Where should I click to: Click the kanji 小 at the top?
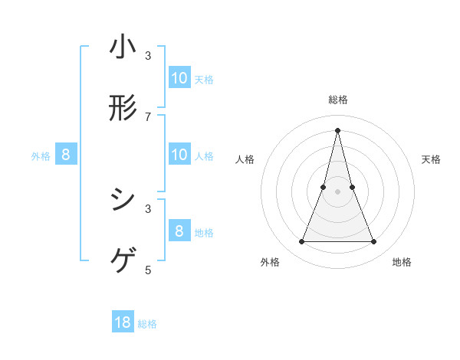(x=123, y=47)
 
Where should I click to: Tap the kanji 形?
(x=123, y=108)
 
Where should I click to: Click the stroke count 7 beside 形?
(x=148, y=116)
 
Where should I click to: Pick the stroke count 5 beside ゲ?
(x=148, y=270)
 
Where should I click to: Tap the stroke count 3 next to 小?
(x=148, y=56)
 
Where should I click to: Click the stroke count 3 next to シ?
(x=148, y=208)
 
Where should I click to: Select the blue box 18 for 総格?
(x=123, y=322)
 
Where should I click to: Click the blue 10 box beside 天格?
(x=179, y=77)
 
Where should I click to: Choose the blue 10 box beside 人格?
(x=179, y=155)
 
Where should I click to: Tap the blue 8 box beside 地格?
(x=179, y=231)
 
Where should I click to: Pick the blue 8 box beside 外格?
(x=66, y=155)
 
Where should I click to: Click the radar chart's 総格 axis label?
(x=338, y=100)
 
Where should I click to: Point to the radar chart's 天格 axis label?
(x=432, y=159)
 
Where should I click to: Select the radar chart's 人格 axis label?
(x=245, y=159)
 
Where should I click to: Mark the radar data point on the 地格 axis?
(x=374, y=242)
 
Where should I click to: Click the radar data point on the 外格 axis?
(x=302, y=242)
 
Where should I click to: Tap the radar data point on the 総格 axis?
(x=338, y=130)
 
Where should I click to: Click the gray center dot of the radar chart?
(x=338, y=191)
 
